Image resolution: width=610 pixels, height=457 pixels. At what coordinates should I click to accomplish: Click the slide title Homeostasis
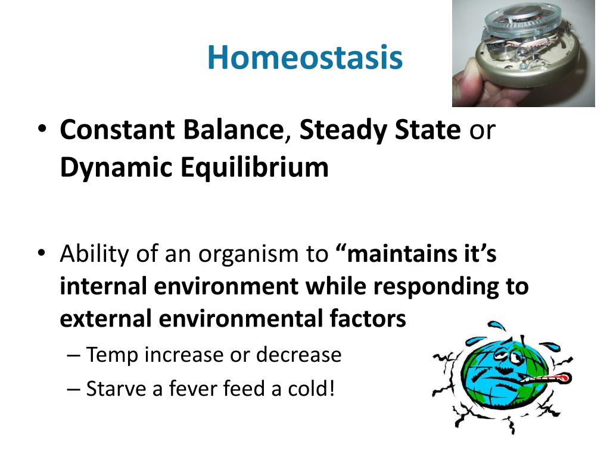pyautogui.click(x=305, y=58)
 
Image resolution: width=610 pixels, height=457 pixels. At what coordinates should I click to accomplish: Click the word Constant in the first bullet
pyautogui.click(x=117, y=129)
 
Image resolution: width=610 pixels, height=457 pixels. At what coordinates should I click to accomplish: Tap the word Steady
pyautogui.click(x=343, y=130)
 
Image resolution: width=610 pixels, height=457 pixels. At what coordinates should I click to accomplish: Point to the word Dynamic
pyautogui.click(x=116, y=168)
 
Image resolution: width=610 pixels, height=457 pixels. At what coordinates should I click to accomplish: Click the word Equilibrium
pyautogui.click(x=255, y=167)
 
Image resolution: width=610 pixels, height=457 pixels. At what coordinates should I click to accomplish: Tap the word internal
pyautogui.click(x=103, y=286)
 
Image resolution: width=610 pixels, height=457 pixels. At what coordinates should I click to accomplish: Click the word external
pyautogui.click(x=105, y=319)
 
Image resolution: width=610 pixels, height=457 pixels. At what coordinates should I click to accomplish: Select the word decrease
pyautogui.click(x=299, y=355)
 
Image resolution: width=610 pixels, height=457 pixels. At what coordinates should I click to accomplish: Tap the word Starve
pyautogui.click(x=116, y=389)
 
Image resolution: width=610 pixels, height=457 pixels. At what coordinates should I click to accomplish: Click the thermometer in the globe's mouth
pyautogui.click(x=544, y=378)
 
